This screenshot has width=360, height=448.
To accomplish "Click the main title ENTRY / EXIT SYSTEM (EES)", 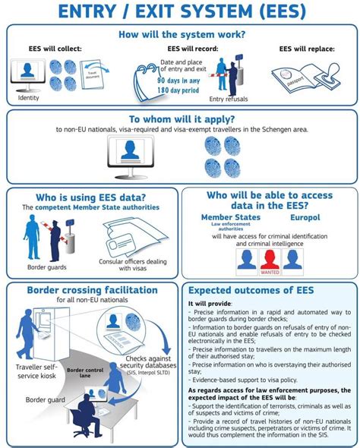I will [x=180, y=12].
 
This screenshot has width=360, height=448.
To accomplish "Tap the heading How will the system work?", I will [x=180, y=34].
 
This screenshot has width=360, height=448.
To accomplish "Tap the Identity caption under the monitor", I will [x=28, y=98].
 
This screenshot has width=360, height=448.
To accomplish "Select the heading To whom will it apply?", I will [x=180, y=119].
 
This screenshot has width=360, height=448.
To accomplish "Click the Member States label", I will [x=230, y=218].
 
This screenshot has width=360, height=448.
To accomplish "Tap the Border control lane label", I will [x=86, y=374].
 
